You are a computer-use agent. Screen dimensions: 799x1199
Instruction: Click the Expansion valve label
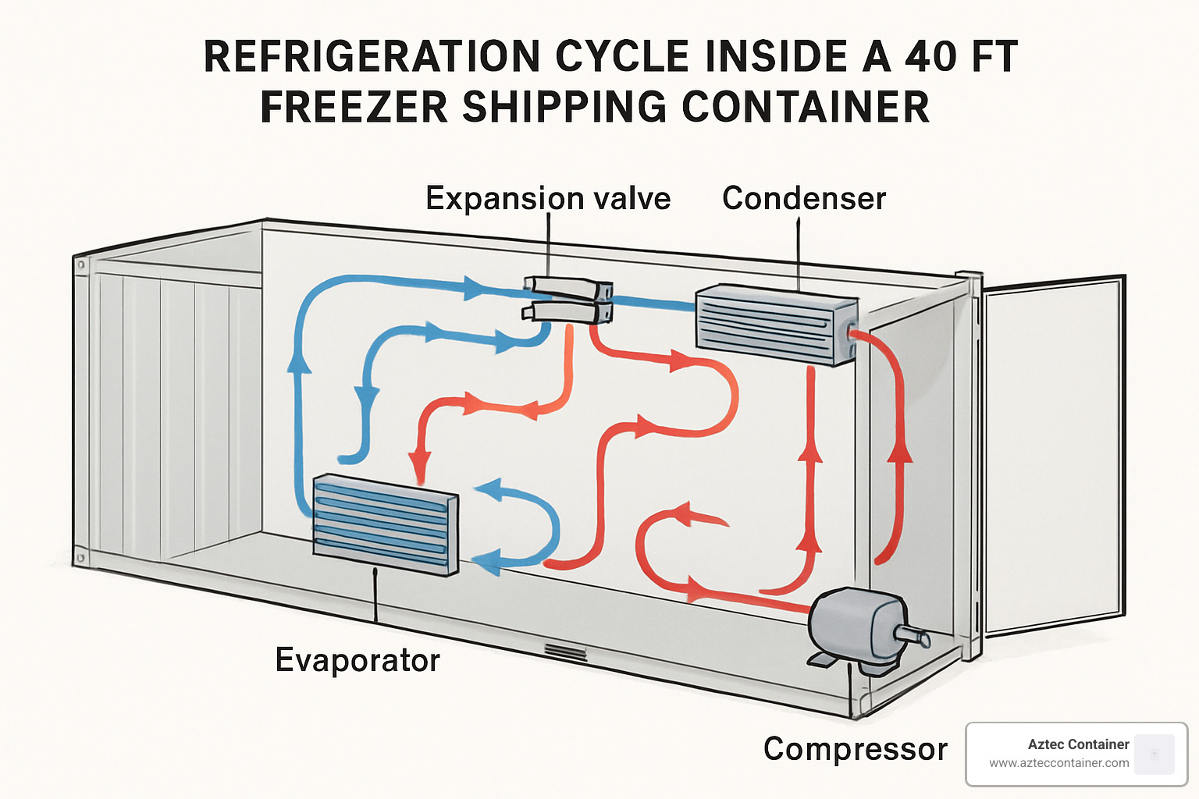548,198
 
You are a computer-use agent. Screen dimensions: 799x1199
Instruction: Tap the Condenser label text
804,198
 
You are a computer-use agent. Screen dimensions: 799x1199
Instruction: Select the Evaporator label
358,660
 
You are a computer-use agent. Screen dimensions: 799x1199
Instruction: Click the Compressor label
856,749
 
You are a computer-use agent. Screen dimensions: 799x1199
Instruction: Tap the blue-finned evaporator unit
385,525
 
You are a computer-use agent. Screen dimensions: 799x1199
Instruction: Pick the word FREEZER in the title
354,108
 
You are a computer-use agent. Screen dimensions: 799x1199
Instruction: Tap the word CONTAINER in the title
806,108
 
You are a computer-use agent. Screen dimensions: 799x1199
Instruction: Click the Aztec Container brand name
1078,744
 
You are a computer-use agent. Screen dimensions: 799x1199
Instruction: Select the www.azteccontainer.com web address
1058,763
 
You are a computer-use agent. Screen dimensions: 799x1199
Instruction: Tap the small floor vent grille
566,652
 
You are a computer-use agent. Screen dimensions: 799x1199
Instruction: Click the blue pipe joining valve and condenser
653,303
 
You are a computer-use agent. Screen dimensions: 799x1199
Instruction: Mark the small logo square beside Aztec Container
1155,754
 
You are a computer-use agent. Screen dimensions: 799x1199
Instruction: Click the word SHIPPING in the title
564,108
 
